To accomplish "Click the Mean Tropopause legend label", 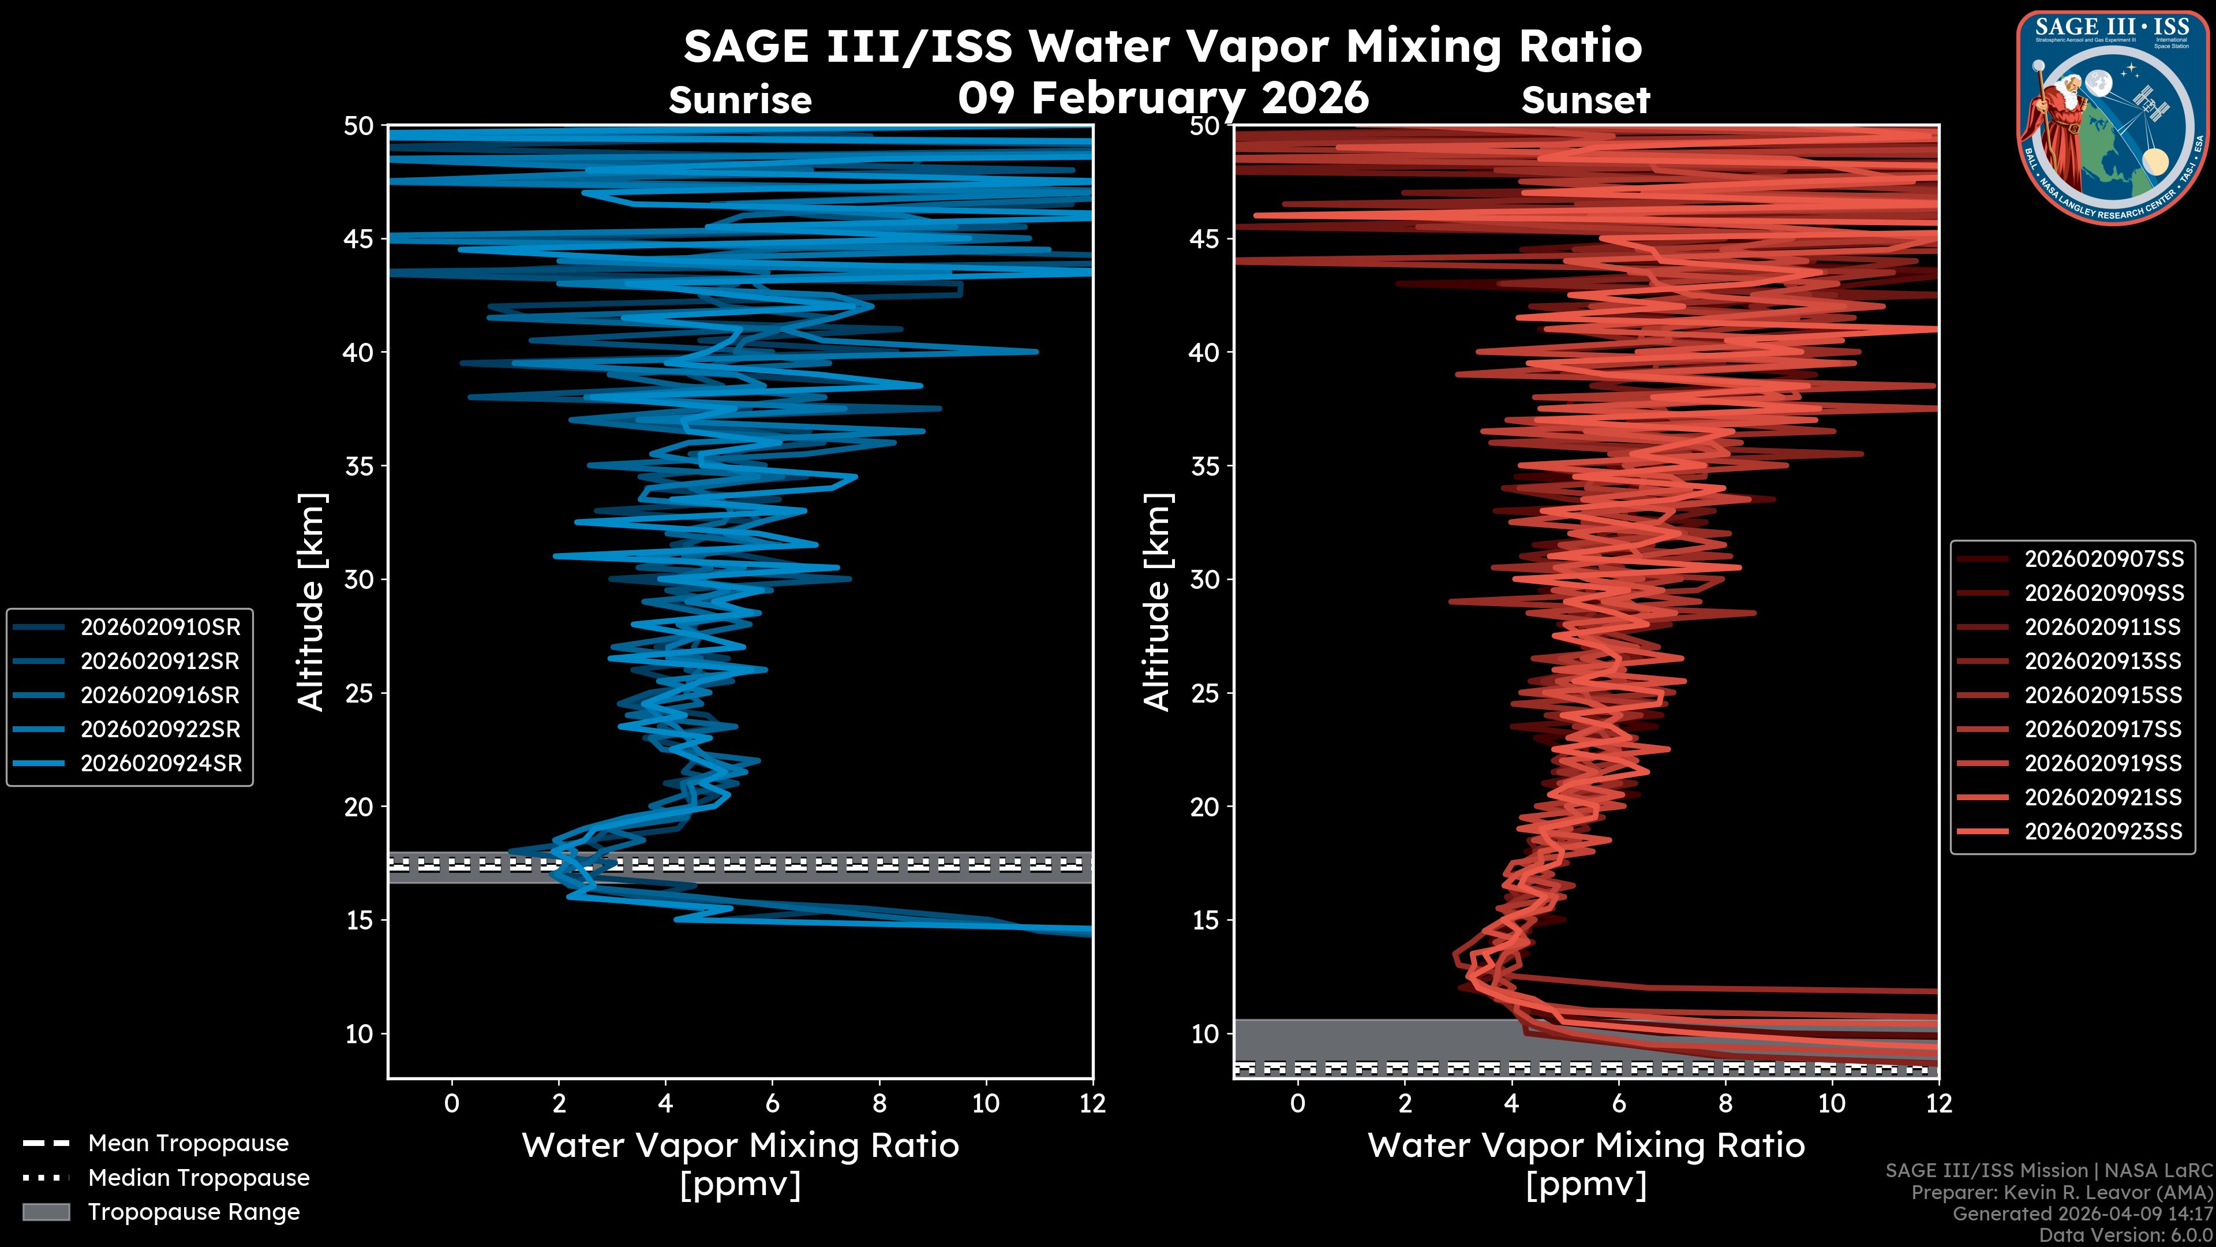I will [x=188, y=1143].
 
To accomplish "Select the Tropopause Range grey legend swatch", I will [x=46, y=1212].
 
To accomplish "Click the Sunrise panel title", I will [x=740, y=100].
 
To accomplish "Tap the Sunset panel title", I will [x=1585, y=100].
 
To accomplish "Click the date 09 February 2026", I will [x=1163, y=97].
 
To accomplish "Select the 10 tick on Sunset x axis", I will [x=1832, y=1103].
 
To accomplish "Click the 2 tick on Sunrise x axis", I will [x=558, y=1103].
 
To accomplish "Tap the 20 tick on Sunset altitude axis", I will [x=1205, y=807].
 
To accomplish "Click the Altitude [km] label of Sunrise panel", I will [x=312, y=602].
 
